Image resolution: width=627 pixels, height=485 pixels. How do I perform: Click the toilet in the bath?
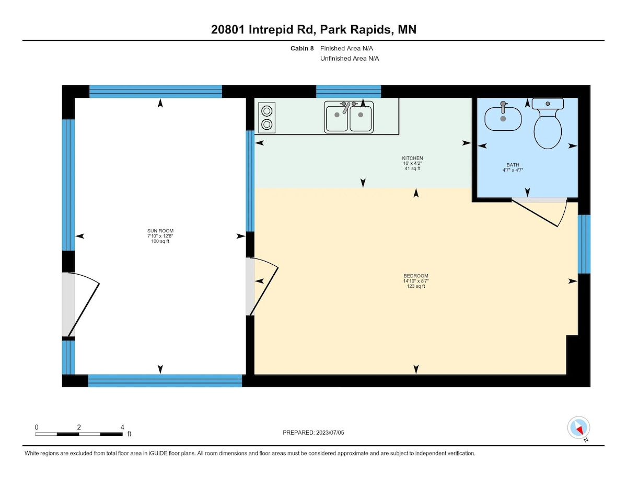click(548, 123)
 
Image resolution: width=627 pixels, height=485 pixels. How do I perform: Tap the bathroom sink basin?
click(503, 118)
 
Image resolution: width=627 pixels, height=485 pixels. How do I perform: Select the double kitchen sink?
click(349, 117)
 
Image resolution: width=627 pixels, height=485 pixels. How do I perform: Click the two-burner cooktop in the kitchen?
click(266, 118)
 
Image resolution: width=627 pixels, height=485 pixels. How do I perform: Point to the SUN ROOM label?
click(160, 231)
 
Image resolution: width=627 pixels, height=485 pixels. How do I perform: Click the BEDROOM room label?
click(416, 276)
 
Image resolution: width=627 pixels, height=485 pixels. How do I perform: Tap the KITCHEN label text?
click(412, 158)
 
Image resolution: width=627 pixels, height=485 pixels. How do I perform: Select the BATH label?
click(513, 165)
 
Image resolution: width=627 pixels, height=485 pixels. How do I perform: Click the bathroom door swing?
click(540, 213)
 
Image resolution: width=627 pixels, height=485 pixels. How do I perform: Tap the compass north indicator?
click(578, 428)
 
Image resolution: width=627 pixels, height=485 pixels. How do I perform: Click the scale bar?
click(79, 434)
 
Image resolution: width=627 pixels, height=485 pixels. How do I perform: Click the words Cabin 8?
click(302, 48)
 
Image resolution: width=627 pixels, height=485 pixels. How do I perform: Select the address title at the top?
click(313, 29)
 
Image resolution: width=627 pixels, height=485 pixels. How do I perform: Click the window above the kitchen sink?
click(349, 92)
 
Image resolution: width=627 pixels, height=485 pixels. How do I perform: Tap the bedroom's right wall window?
click(584, 244)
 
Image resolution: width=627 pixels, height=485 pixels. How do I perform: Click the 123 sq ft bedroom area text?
click(416, 286)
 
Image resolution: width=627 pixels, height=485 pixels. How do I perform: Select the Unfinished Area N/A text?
click(350, 59)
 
